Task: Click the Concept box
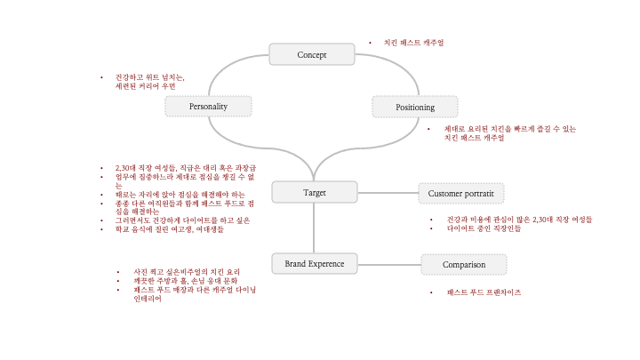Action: point(311,54)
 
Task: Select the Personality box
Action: point(208,107)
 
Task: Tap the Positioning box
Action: point(414,107)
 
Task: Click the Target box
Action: point(314,192)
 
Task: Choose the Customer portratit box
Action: point(460,193)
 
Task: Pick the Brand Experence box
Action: point(314,264)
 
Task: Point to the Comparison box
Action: point(464,264)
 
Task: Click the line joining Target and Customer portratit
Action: point(388,192)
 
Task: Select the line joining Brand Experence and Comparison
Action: point(388,264)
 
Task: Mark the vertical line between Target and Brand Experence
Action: point(314,228)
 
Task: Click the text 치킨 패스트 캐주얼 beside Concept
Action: point(413,43)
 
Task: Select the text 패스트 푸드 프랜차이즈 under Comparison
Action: point(484,292)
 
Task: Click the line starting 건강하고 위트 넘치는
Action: point(150,77)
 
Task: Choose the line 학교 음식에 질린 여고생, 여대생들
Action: point(169,229)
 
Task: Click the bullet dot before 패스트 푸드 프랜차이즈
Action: point(431,292)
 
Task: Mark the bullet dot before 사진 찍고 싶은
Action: point(118,271)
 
